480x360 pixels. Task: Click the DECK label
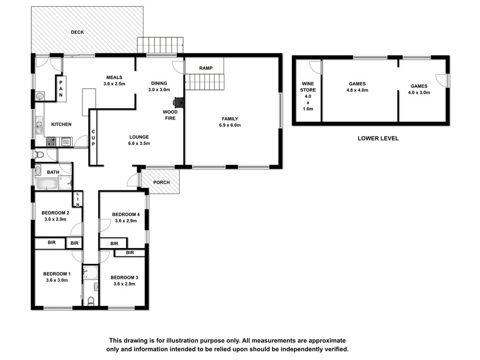point(77,32)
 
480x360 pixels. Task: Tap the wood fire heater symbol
point(179,103)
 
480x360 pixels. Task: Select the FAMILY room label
point(230,119)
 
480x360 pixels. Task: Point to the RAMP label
point(206,68)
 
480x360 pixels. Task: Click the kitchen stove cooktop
point(51,142)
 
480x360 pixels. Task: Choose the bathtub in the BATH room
point(47,184)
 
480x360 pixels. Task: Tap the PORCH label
point(161,182)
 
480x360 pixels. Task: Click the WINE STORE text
point(308,87)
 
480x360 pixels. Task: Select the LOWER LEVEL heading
point(378,138)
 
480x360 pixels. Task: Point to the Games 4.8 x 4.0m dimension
point(357,90)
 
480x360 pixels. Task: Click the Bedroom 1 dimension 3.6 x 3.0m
point(57,280)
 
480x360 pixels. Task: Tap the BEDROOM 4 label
point(126,215)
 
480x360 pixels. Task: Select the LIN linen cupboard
point(78,199)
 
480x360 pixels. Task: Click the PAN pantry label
point(61,89)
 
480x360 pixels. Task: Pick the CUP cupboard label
point(93,138)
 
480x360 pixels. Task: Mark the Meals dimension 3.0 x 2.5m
point(114,84)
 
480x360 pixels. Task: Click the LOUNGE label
point(139,137)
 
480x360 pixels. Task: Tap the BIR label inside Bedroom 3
point(130,253)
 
